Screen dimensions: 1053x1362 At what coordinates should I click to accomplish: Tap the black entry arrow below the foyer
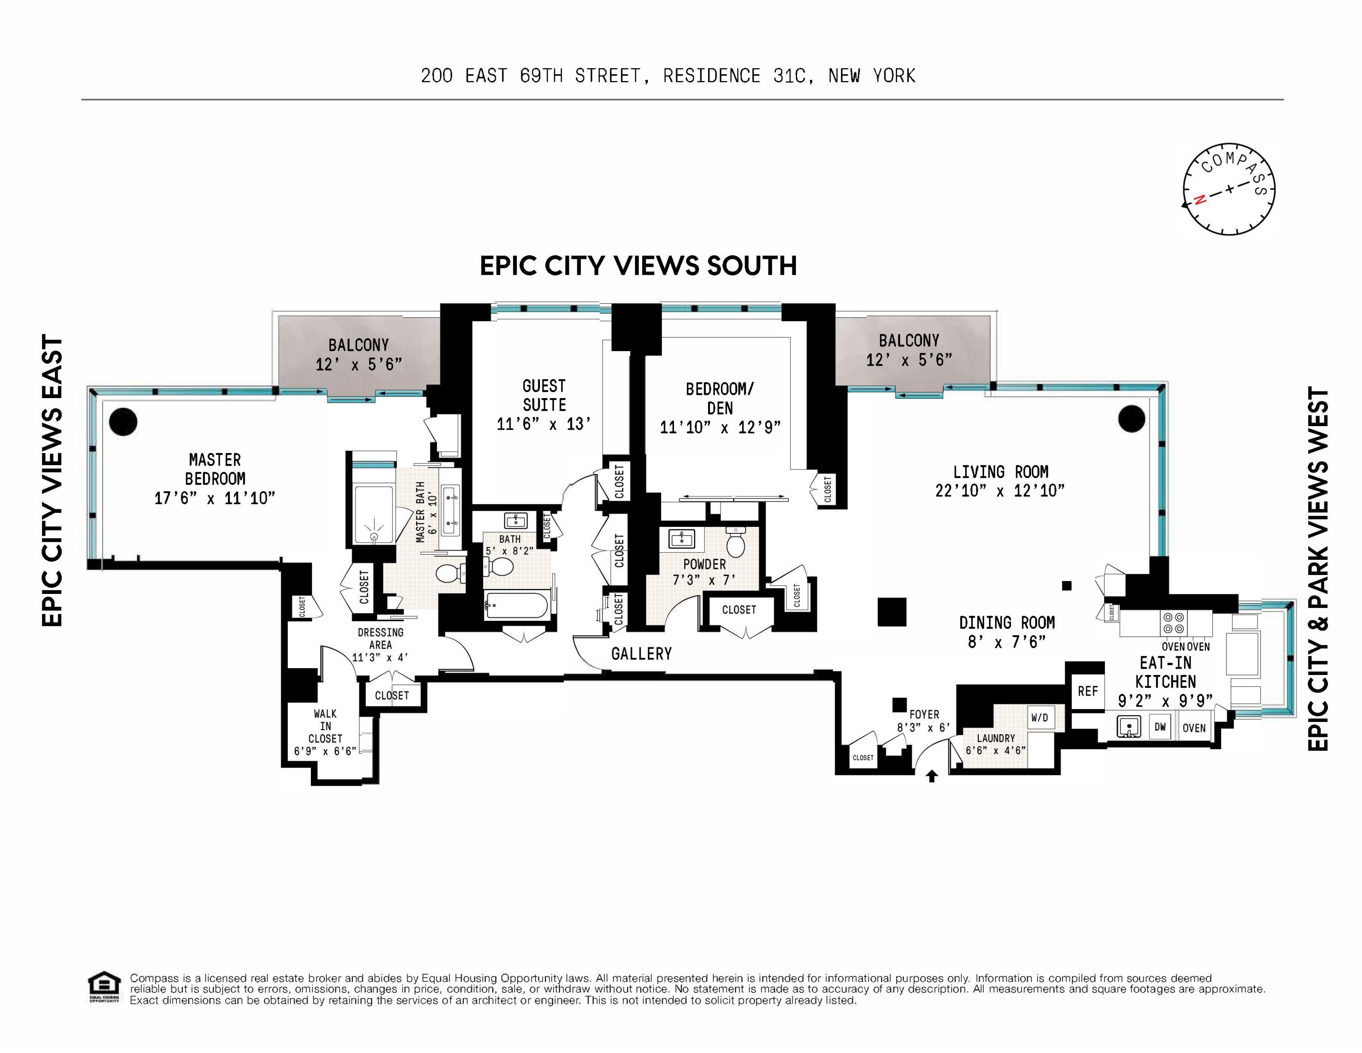point(932,776)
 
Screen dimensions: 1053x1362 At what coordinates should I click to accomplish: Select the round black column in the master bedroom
point(123,422)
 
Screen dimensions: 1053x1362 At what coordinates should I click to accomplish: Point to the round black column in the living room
point(1131,419)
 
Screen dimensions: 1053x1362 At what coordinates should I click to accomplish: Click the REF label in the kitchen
point(1088,691)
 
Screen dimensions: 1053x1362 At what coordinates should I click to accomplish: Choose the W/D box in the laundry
point(1039,718)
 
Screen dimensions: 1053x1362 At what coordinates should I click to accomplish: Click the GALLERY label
point(641,654)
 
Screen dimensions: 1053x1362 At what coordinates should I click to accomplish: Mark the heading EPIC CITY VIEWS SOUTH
point(638,266)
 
